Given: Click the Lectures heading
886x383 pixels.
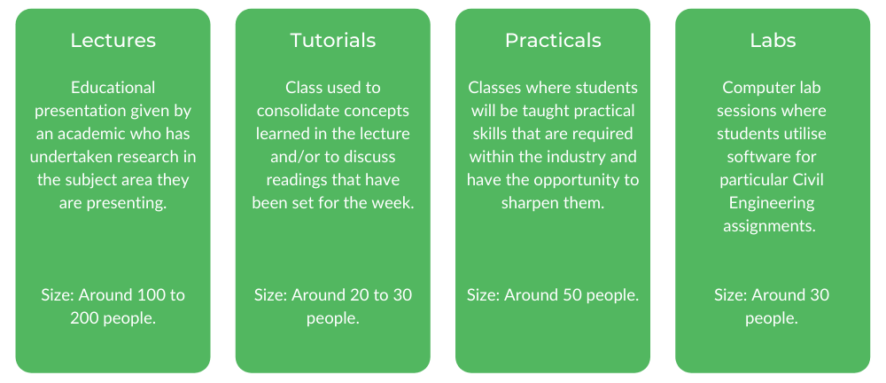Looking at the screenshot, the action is pyautogui.click(x=113, y=40).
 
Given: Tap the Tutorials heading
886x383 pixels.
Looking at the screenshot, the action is pyautogui.click(x=333, y=40).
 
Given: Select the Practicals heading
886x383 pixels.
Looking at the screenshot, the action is pyautogui.click(x=553, y=40).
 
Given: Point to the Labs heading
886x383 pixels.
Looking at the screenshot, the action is pyautogui.click(x=773, y=40).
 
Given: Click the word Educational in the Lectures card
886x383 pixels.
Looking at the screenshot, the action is pyautogui.click(x=113, y=88).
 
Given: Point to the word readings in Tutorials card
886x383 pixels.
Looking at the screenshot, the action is pyautogui.click(x=297, y=180).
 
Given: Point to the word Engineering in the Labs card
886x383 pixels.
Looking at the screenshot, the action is pyautogui.click(x=772, y=203).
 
